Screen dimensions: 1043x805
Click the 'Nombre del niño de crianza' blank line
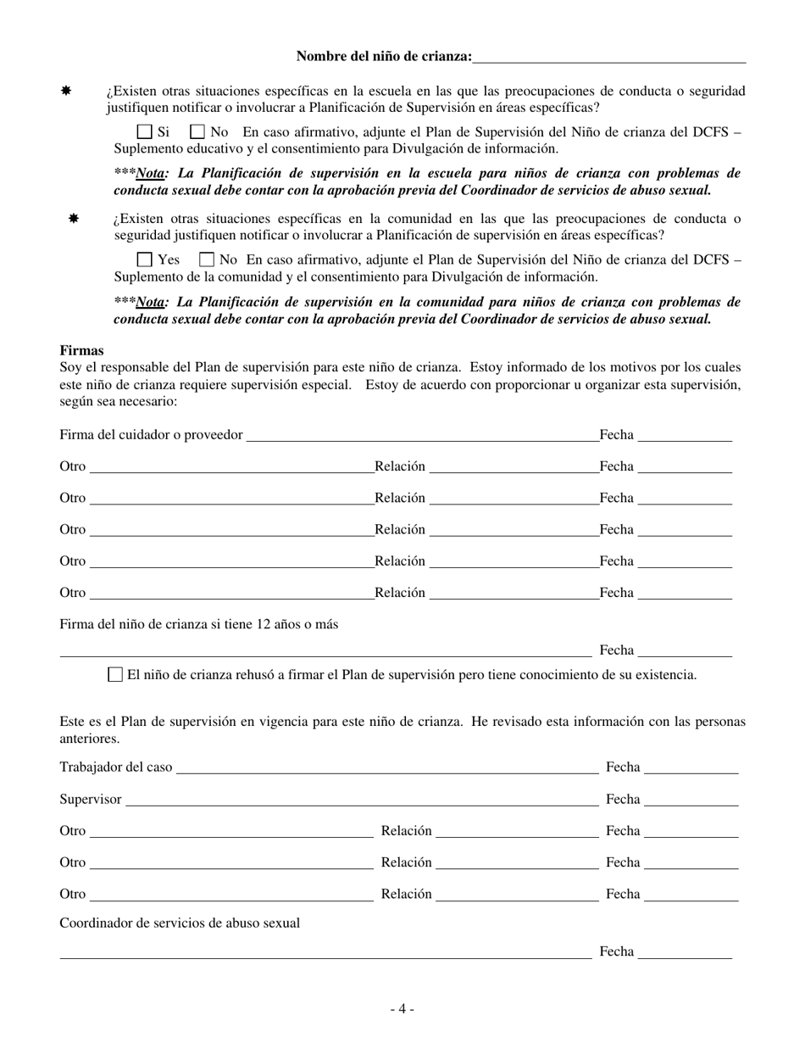(x=609, y=58)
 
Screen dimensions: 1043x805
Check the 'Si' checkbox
(x=144, y=132)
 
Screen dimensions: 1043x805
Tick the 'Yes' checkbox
(x=144, y=260)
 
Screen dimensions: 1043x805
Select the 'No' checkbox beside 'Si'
(x=197, y=132)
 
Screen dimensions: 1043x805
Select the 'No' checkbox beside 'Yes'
(x=206, y=260)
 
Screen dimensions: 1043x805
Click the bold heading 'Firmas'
(x=81, y=350)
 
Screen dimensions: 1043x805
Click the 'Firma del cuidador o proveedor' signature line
(x=421, y=436)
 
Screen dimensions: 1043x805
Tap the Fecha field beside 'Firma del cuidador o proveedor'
(x=684, y=436)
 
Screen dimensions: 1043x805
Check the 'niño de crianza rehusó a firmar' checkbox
(x=115, y=675)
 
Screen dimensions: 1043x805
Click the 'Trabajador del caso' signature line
(x=386, y=768)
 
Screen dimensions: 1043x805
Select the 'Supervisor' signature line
(x=361, y=800)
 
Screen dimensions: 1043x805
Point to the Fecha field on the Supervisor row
(x=691, y=800)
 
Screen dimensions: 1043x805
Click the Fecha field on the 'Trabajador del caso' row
(x=691, y=768)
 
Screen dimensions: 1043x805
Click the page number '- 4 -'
(x=402, y=1009)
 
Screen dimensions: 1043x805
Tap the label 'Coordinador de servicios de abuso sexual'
(x=180, y=923)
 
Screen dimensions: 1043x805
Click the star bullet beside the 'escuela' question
(x=65, y=91)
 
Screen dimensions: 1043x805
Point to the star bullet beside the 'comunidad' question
(x=74, y=219)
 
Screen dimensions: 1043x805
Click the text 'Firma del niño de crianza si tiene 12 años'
(x=198, y=625)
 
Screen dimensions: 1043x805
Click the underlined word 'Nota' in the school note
(x=150, y=174)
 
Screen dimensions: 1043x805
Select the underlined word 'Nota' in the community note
(x=150, y=303)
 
